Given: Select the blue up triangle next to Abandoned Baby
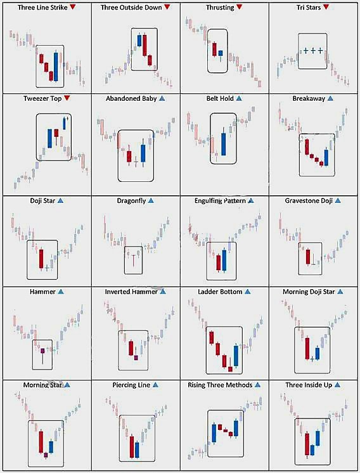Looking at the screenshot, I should [162, 99].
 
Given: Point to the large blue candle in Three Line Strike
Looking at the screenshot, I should [56, 66].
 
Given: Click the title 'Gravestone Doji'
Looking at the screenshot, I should [309, 200].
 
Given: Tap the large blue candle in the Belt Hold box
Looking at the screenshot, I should [224, 143].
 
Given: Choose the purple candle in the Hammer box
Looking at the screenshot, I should [42, 351].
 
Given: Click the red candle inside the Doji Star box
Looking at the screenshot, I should [41, 259].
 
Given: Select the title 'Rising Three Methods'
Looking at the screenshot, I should [220, 385].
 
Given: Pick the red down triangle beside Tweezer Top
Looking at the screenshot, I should [67, 98].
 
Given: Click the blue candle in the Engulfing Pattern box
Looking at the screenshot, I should [224, 261].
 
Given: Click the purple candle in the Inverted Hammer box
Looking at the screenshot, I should [136, 358].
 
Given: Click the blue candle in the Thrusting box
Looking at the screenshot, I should [221, 53].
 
